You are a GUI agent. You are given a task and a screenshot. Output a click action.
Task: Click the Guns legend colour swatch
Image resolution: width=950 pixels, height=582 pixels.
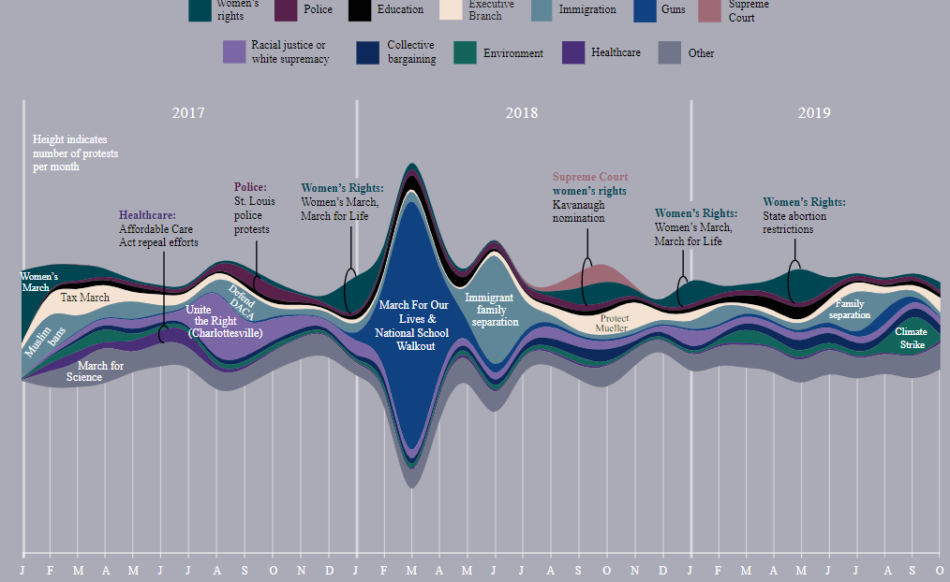pyautogui.click(x=645, y=9)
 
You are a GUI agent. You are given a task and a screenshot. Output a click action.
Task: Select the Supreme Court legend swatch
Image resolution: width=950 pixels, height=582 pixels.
pyautogui.click(x=709, y=9)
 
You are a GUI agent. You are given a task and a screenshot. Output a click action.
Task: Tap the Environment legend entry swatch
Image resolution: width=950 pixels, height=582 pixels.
pyautogui.click(x=465, y=53)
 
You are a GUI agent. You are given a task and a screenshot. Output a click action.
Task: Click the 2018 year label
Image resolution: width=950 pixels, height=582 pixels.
pyautogui.click(x=522, y=113)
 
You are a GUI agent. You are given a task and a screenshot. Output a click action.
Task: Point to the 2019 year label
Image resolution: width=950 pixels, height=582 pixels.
pyautogui.click(x=814, y=113)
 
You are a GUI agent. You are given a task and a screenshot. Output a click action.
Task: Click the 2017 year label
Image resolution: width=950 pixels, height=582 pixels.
pyautogui.click(x=188, y=113)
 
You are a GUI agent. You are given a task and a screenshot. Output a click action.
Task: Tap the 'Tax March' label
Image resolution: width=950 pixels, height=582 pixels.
pyautogui.click(x=85, y=298)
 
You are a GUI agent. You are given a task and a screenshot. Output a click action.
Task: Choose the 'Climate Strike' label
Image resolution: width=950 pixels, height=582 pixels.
pyautogui.click(x=911, y=338)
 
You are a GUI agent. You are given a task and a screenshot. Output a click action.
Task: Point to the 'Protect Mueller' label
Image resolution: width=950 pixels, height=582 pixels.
pyautogui.click(x=612, y=323)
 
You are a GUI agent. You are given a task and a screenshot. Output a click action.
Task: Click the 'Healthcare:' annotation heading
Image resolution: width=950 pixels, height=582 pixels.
pyautogui.click(x=147, y=215)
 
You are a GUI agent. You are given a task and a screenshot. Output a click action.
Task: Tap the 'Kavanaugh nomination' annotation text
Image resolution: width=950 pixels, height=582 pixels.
pyautogui.click(x=579, y=211)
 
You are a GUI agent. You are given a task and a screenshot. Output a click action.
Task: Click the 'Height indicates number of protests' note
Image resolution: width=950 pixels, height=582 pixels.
pyautogui.click(x=75, y=153)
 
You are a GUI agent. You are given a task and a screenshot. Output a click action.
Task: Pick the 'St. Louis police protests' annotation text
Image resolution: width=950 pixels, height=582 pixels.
pyautogui.click(x=251, y=215)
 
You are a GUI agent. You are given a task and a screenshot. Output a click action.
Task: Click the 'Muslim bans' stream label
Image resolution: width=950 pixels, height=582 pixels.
pyautogui.click(x=44, y=342)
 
